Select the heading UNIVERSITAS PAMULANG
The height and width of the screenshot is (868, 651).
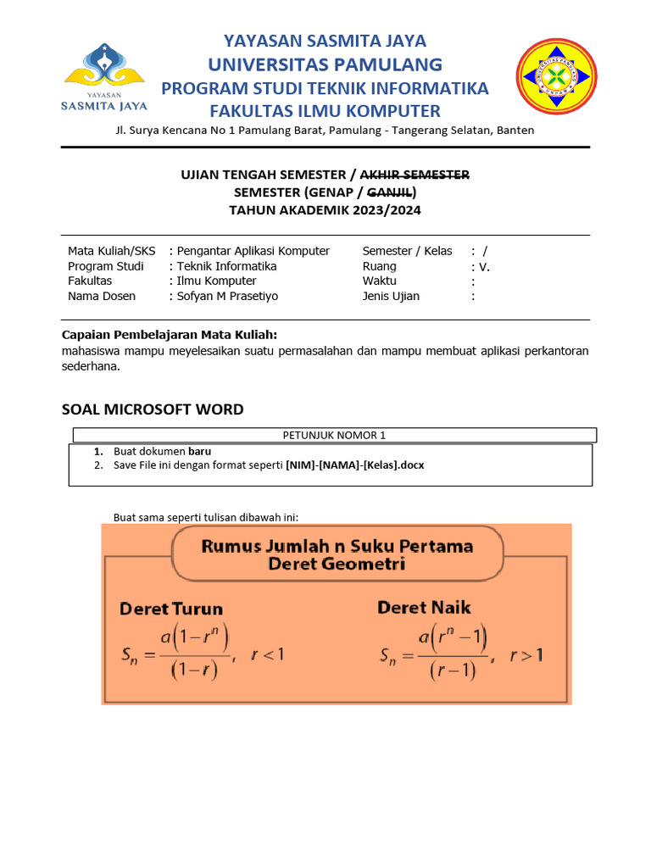coord(325,64)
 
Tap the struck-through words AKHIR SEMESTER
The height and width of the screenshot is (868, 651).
coord(415,175)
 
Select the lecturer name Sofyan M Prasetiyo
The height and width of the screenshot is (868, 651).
coord(227,297)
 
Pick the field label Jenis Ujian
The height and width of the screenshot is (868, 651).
coord(391,297)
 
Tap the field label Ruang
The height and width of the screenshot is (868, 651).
coord(379,266)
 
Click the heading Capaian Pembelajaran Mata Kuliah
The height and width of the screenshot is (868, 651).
coord(170,334)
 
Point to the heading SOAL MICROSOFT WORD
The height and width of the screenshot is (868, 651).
coord(153,409)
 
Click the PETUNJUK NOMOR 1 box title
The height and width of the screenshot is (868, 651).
coord(334,436)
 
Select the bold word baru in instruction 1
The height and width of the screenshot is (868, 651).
coord(200,452)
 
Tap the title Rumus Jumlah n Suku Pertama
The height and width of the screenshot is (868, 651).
coord(337,547)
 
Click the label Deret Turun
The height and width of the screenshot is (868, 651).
coord(171,609)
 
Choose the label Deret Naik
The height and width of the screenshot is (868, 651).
coord(424,608)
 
